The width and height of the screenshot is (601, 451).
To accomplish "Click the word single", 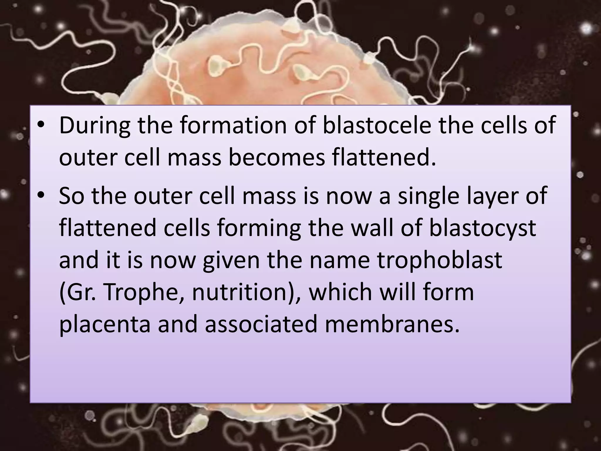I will coord(428,196).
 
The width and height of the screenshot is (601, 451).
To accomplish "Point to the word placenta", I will coord(105,324).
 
